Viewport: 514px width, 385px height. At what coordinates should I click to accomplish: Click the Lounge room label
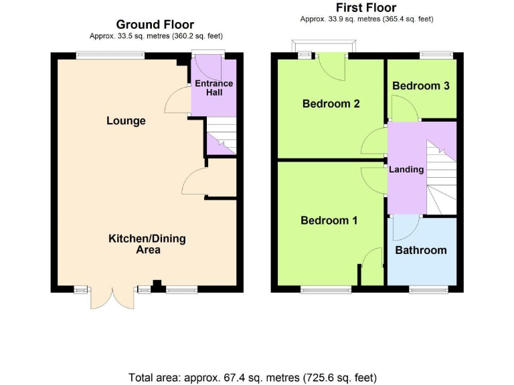point(126,121)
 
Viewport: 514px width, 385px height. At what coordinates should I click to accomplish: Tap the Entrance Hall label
point(213,88)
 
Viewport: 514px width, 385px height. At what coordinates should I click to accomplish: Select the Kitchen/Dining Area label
point(147,244)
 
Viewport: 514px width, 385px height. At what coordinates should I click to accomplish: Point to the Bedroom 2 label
point(331,104)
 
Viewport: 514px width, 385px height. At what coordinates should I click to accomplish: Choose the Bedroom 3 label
point(420,86)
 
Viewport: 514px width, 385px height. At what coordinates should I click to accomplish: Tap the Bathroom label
point(420,250)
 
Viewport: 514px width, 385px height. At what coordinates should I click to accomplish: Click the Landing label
point(406,169)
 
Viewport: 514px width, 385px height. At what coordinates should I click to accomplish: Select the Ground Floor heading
point(156,24)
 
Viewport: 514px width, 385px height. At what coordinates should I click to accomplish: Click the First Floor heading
point(367,8)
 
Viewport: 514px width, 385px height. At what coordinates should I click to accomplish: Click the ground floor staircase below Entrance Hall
point(222,137)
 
